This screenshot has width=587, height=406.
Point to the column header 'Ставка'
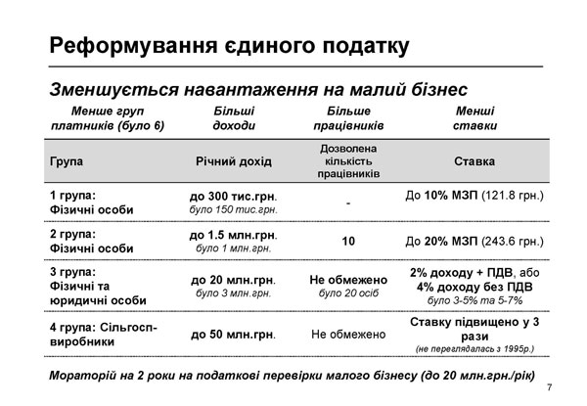click(474, 161)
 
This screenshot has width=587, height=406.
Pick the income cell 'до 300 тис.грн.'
click(234, 196)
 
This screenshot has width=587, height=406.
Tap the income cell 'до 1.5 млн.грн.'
click(234, 235)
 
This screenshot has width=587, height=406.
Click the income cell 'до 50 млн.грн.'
click(234, 334)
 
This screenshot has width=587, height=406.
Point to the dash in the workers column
click(348, 203)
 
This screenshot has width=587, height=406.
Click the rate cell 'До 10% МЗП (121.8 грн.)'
click(474, 196)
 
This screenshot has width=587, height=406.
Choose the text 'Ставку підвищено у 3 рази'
click(474, 327)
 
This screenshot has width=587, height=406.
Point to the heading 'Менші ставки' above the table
click(474, 118)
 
